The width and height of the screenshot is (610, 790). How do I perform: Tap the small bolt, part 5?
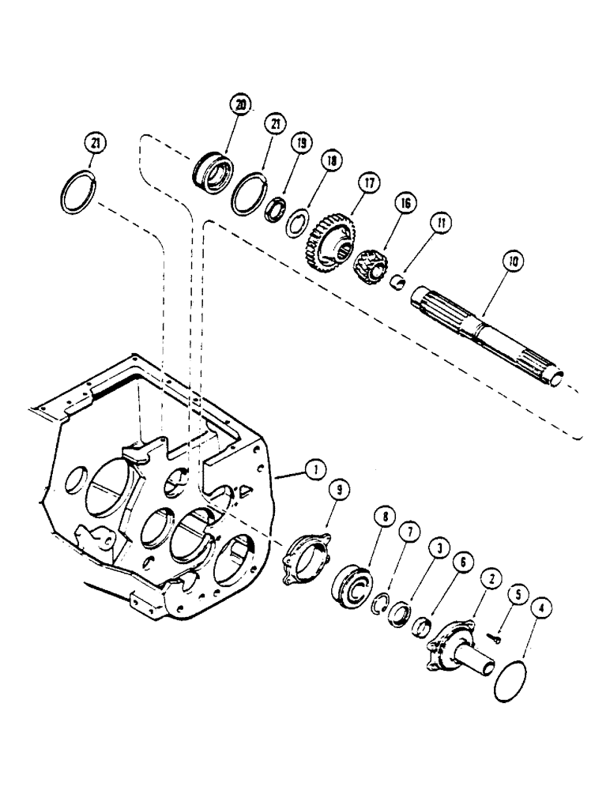(493, 638)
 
